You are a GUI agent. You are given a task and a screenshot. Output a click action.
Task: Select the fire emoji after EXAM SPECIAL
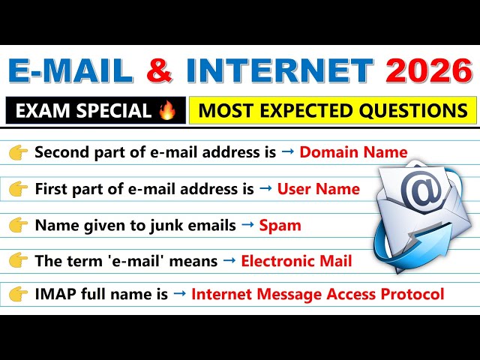[x=166, y=111]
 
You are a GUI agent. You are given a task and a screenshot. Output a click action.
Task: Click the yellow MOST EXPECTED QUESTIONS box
[x=332, y=111]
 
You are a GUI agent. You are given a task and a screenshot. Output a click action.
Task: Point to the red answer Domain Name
[x=353, y=153]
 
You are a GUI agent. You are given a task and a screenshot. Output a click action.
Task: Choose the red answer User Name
[x=318, y=189]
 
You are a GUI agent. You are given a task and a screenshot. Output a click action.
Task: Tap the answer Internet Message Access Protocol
[x=317, y=295]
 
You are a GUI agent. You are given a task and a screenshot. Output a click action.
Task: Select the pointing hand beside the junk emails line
[x=19, y=225]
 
